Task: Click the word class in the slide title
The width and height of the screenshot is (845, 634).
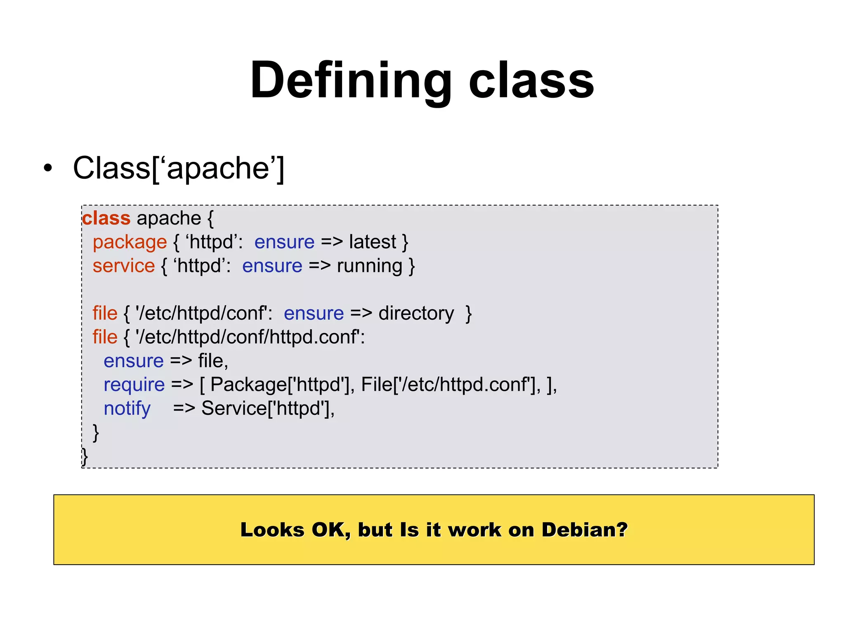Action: tap(531, 80)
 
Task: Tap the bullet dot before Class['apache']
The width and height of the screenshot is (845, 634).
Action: tap(48, 168)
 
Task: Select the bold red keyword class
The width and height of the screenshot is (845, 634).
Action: tap(106, 218)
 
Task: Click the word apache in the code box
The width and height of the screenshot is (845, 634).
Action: tap(169, 219)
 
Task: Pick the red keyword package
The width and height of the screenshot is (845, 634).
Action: tap(130, 242)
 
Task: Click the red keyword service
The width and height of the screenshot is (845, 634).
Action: tap(124, 266)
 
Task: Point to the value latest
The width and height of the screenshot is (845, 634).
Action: tap(372, 242)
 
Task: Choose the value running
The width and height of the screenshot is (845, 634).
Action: tap(369, 266)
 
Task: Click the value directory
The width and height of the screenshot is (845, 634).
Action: tap(416, 313)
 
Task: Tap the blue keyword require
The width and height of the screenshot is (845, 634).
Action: tap(134, 385)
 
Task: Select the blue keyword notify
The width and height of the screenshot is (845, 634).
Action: tap(127, 409)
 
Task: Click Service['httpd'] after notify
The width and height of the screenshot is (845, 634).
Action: tap(267, 409)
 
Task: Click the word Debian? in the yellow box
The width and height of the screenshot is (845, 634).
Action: tap(584, 530)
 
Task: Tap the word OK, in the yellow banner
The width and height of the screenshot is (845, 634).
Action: tap(331, 530)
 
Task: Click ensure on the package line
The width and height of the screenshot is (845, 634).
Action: tap(284, 242)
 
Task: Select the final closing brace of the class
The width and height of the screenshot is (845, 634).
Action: tap(85, 457)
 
